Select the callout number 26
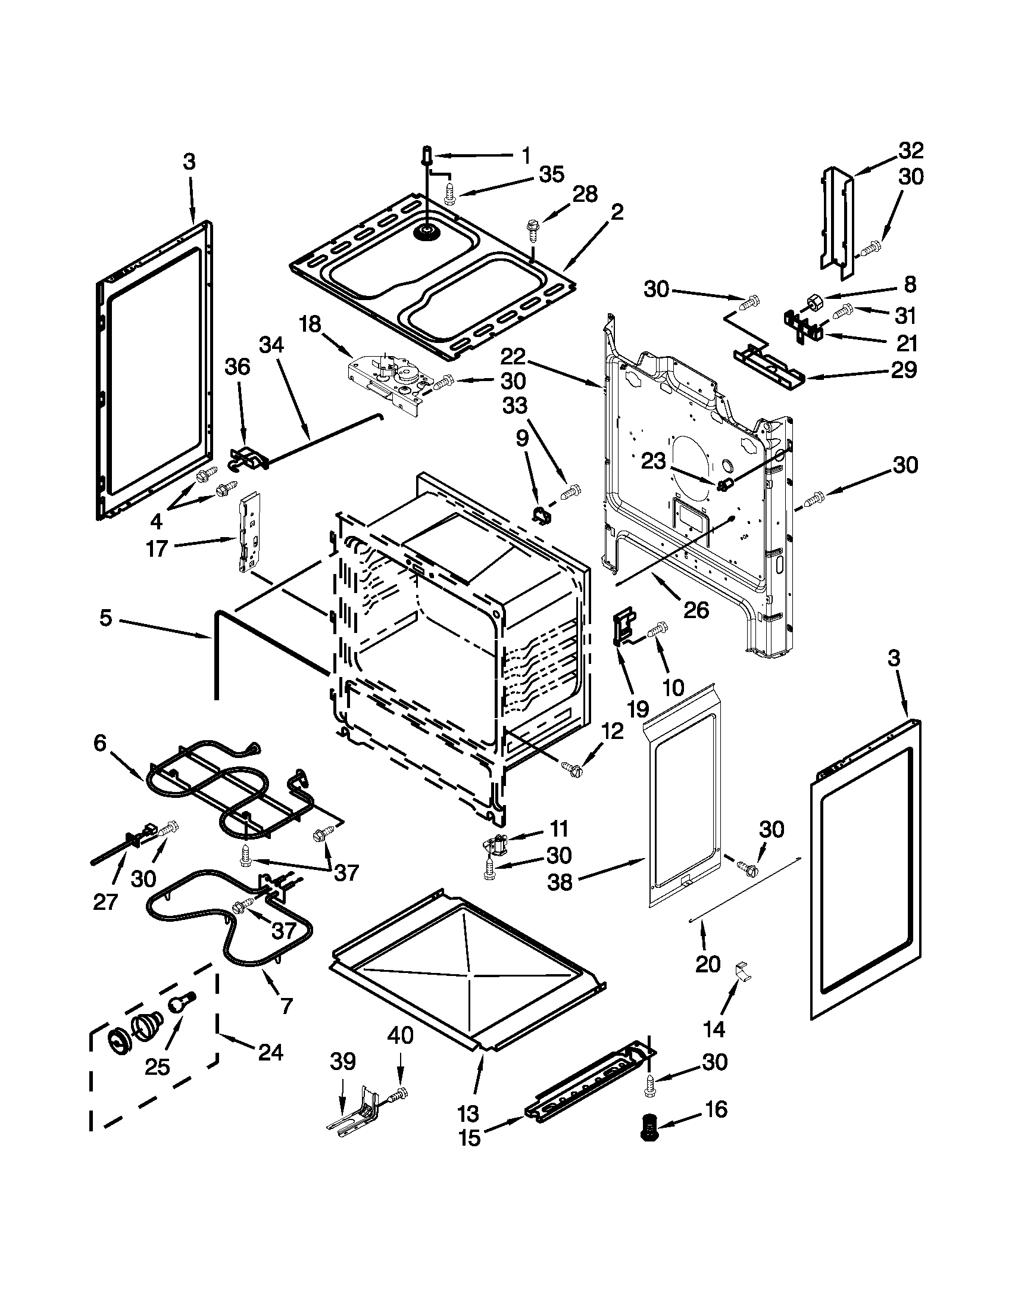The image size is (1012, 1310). tap(696, 610)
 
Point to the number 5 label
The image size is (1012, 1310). tap(105, 618)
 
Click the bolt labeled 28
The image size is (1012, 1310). tap(532, 228)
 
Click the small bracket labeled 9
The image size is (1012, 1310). tap(542, 514)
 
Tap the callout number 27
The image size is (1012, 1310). tap(104, 901)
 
